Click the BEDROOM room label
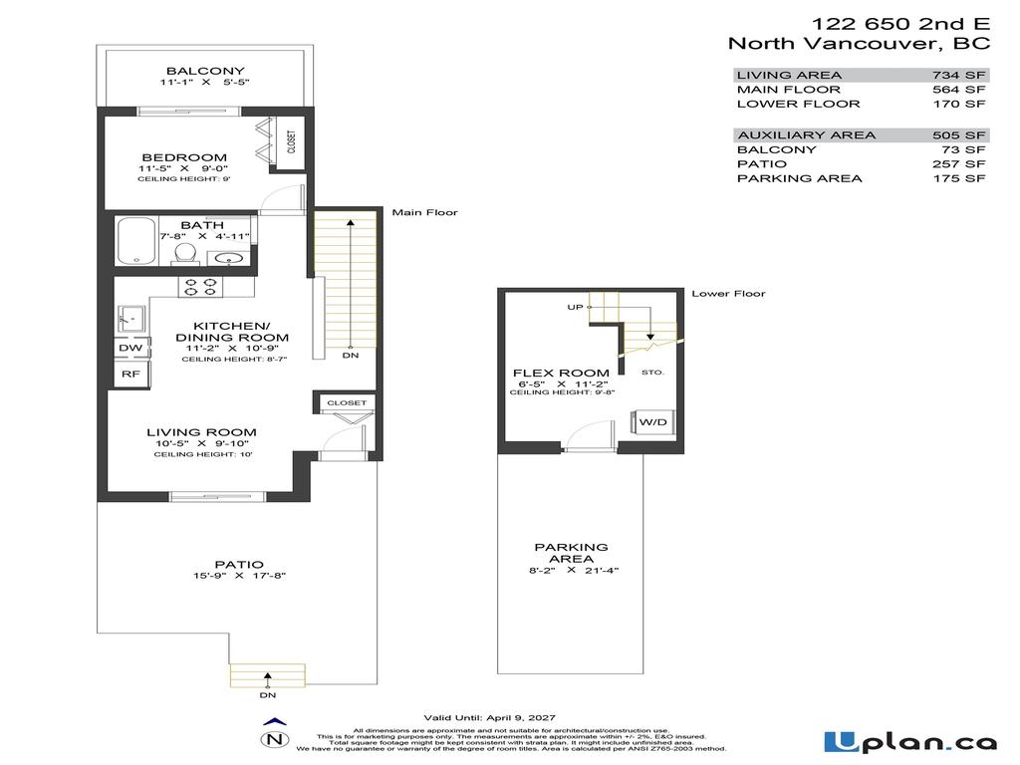[183, 157]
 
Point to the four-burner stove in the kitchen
[200, 287]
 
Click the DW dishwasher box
[131, 348]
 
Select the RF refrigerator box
[130, 375]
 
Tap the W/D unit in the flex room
[652, 422]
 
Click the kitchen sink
[132, 318]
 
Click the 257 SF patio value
[961, 163]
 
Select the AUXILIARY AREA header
[806, 134]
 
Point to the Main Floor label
[418, 212]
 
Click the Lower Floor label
[728, 294]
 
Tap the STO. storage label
[652, 372]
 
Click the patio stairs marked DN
[267, 674]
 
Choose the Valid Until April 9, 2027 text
[489, 717]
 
